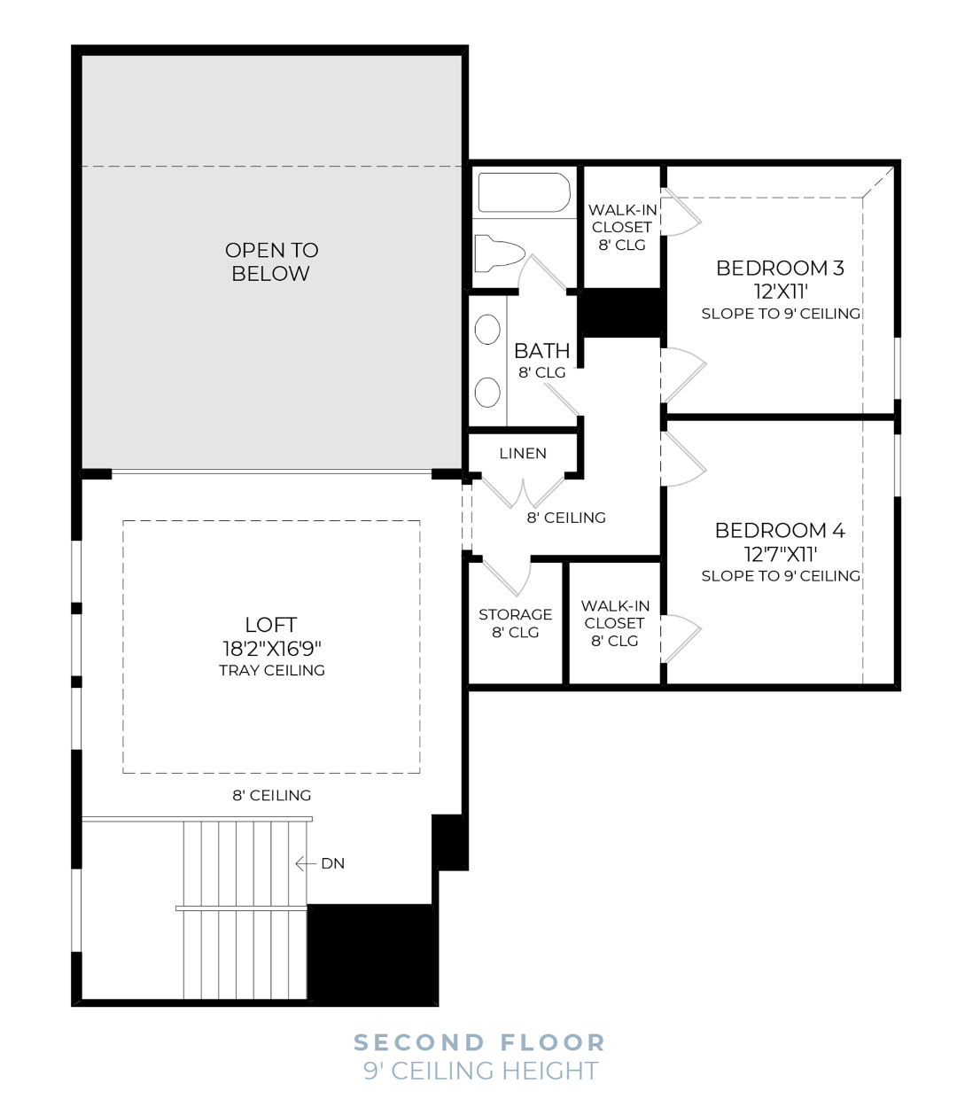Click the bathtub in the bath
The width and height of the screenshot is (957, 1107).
pyautogui.click(x=524, y=192)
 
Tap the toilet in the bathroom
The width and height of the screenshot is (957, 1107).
pyautogui.click(x=499, y=253)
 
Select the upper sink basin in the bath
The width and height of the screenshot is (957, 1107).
pyautogui.click(x=487, y=330)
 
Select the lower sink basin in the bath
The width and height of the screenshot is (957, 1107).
pyautogui.click(x=487, y=392)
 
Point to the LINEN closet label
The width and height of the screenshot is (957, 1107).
pyautogui.click(x=523, y=454)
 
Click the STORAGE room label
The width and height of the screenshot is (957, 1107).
pyautogui.click(x=515, y=614)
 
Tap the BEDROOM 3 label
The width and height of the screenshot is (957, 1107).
pyautogui.click(x=780, y=268)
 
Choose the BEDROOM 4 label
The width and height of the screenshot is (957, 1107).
pyautogui.click(x=780, y=530)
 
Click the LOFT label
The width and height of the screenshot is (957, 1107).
pyautogui.click(x=271, y=625)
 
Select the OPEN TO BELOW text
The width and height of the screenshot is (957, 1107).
pyautogui.click(x=271, y=261)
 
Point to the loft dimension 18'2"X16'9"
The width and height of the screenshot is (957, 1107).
pyautogui.click(x=271, y=649)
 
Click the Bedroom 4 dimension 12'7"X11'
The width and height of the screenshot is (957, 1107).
pyautogui.click(x=781, y=554)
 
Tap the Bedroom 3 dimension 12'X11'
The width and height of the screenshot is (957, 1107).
pyautogui.click(x=781, y=292)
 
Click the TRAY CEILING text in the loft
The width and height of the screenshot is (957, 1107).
pyautogui.click(x=271, y=671)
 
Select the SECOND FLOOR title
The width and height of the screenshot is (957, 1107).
pyautogui.click(x=479, y=1042)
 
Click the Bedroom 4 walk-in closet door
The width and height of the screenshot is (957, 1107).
pyautogui.click(x=681, y=638)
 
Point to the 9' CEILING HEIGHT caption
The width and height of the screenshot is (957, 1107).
pyautogui.click(x=480, y=1071)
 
